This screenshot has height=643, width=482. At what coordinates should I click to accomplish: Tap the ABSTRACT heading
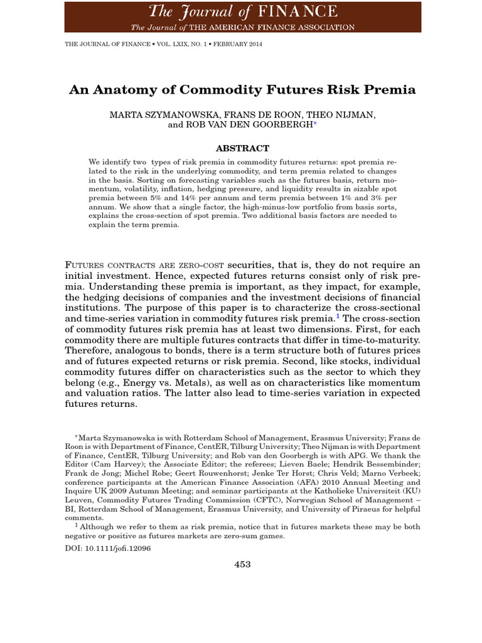[x=242, y=148]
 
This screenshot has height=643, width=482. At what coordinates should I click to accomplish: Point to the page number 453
[x=242, y=564]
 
